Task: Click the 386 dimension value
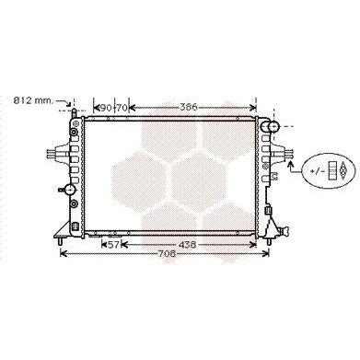[x=188, y=108]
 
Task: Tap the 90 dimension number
[x=106, y=108]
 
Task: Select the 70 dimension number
[x=122, y=108]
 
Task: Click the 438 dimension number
[x=187, y=245]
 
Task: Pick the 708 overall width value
[x=168, y=254]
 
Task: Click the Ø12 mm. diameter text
[x=33, y=100]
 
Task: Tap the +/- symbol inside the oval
[x=318, y=171]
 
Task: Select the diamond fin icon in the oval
[x=343, y=170]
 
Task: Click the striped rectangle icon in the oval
[x=332, y=170]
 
